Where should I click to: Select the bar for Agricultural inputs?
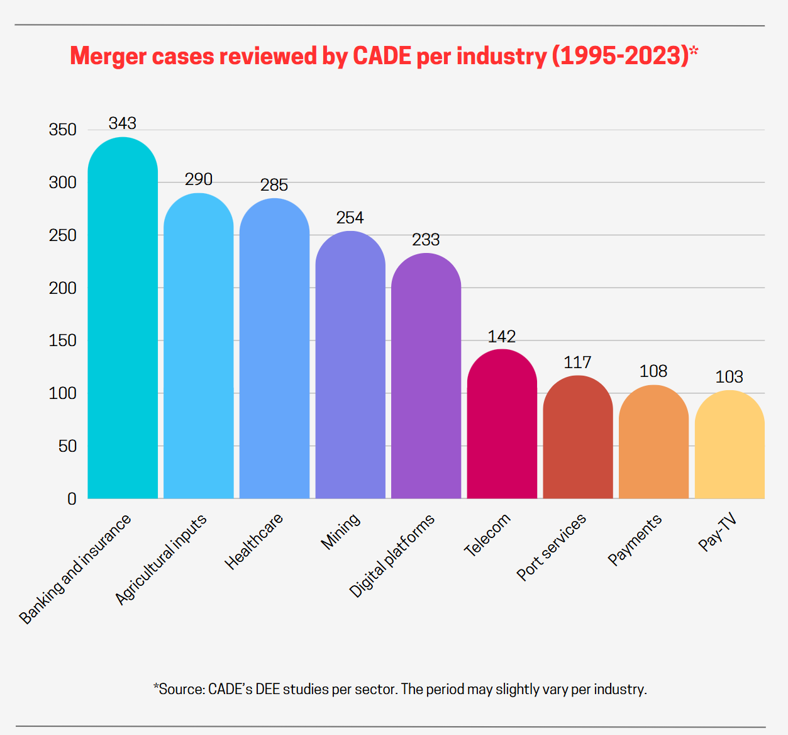pos(198,346)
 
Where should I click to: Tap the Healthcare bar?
pos(274,349)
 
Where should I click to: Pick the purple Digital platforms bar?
pos(426,378)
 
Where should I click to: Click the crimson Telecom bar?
pos(502,425)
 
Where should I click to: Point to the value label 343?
pos(122,123)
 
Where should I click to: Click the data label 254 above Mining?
pos(350,218)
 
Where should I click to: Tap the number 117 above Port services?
pos(577,362)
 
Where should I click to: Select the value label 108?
pos(653,371)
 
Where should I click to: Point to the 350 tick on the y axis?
pos(62,130)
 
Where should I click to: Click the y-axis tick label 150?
pos(62,340)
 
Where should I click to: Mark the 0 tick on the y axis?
pos(72,499)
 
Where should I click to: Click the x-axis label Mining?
pos(340,531)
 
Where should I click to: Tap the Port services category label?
pos(551,546)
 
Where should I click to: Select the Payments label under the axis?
pos(635,539)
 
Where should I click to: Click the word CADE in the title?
pos(382,56)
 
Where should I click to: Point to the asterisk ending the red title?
pos(694,51)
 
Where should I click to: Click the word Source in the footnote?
pos(181,689)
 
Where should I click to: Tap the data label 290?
pos(198,179)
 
